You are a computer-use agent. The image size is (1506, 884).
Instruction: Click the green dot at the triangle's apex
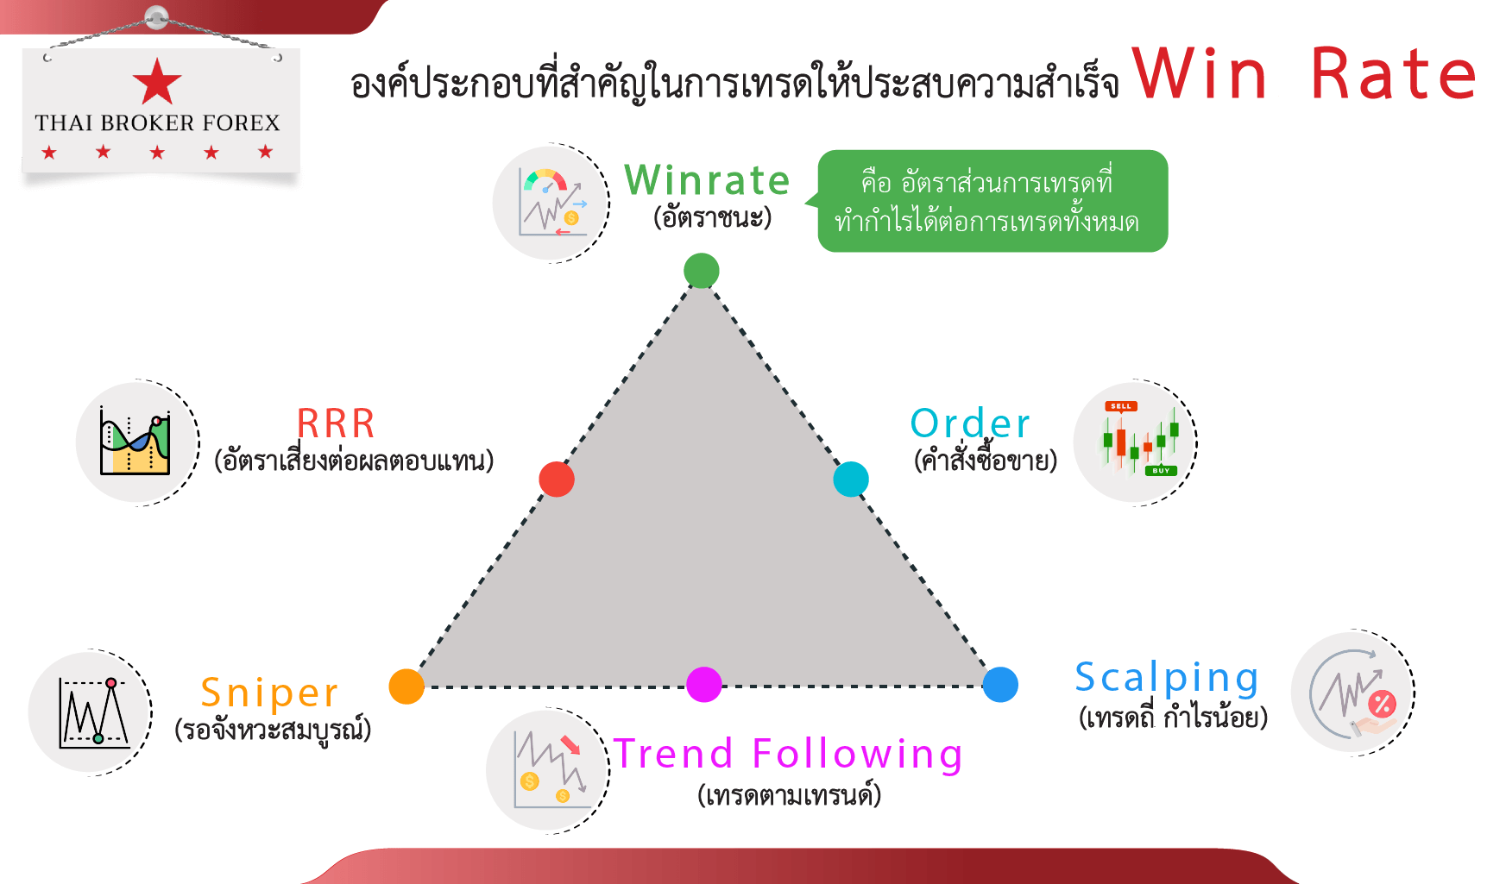tap(702, 271)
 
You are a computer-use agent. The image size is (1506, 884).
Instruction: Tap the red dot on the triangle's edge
tap(557, 479)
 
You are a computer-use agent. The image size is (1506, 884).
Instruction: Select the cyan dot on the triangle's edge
tap(851, 479)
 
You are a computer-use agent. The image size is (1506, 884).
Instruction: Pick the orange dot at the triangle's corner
tap(406, 687)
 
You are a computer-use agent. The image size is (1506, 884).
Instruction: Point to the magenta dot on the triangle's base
tap(704, 685)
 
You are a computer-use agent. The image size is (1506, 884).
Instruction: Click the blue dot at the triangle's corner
tap(1000, 685)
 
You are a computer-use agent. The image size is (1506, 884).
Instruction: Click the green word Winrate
tap(707, 180)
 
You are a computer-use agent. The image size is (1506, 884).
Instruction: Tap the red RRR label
tap(336, 423)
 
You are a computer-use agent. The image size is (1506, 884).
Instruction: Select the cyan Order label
tap(970, 423)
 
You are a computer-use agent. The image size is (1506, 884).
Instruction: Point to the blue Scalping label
tap(1167, 679)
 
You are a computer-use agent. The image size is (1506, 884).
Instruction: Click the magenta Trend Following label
tap(788, 755)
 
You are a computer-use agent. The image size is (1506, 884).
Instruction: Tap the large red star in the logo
tap(157, 82)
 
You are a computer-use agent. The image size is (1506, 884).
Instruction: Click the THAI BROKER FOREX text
tap(157, 123)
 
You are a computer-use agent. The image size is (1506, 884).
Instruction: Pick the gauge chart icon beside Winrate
tap(551, 203)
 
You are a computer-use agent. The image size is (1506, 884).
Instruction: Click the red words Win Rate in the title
tap(1304, 74)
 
